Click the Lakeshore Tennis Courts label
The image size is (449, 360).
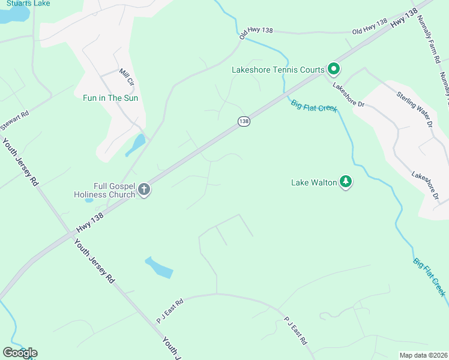point(278,70)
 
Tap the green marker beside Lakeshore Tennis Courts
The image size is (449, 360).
point(333,70)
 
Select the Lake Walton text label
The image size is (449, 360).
point(314,182)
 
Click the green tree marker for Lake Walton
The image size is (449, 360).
point(345,181)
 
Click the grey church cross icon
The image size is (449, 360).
point(143,190)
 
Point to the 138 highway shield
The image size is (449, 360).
point(243,121)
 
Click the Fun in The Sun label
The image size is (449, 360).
point(110,98)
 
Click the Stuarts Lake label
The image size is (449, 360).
point(25,3)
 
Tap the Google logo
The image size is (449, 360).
point(20,353)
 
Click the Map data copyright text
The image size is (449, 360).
point(424,355)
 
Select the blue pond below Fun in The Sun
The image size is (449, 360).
point(137,144)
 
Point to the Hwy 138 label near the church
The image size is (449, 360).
point(90,223)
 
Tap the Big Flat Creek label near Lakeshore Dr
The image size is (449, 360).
point(314,106)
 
